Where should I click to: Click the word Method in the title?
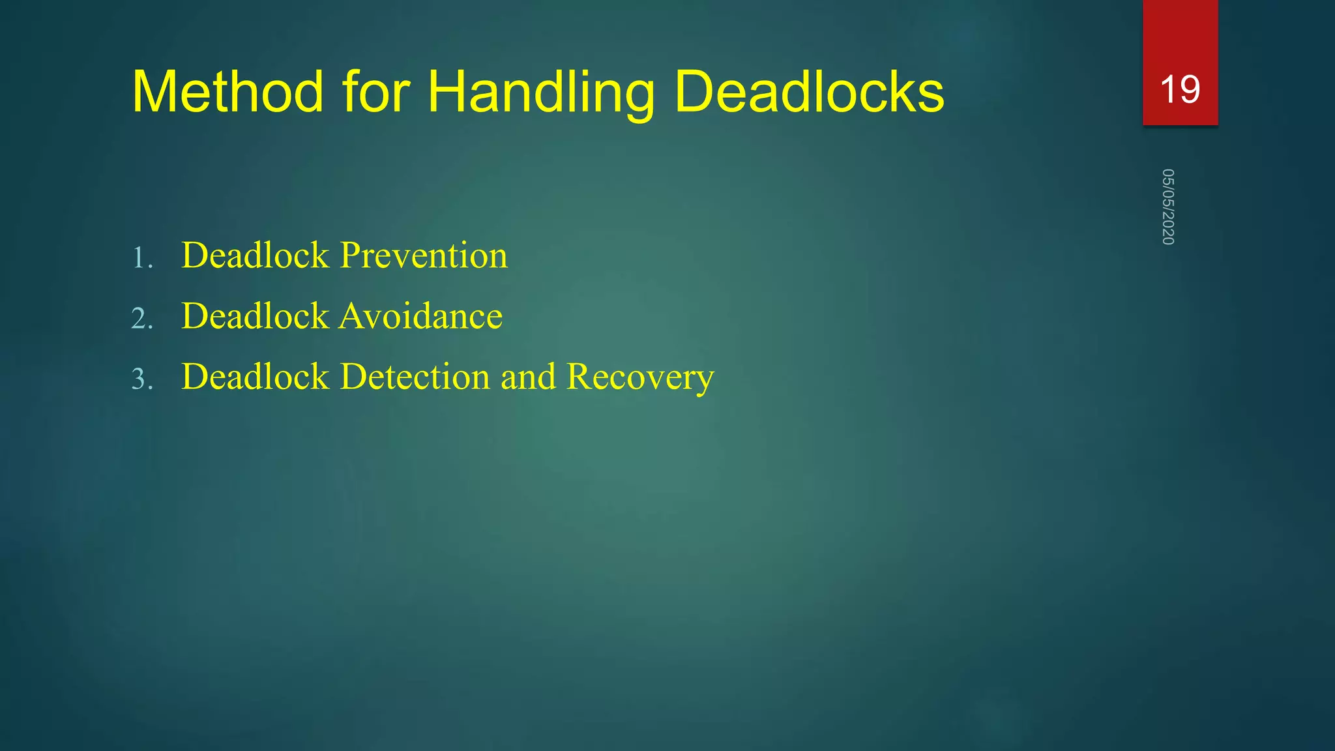coord(227,92)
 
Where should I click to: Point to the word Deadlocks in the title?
coord(809,92)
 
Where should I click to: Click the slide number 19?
coord(1180,89)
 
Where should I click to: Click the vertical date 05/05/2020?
coord(1168,207)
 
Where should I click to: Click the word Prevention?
coord(424,255)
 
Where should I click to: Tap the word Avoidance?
coord(421,316)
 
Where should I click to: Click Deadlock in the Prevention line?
coord(256,255)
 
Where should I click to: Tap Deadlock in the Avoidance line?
coord(256,316)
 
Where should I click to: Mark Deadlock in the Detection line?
coord(256,377)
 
